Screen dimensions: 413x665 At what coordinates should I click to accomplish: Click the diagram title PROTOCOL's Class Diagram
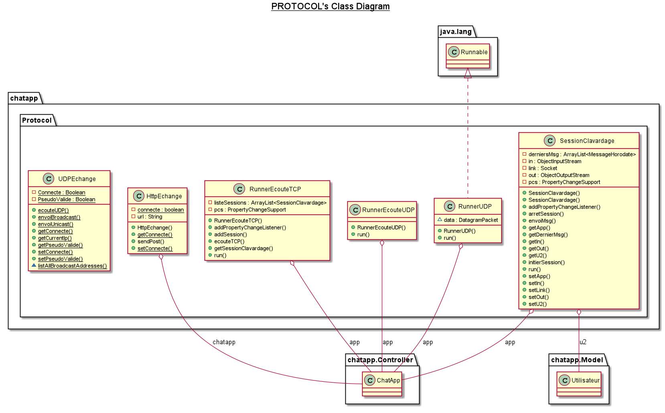330,6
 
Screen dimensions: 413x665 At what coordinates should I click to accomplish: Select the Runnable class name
474,52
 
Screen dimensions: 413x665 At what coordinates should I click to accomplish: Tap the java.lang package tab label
456,32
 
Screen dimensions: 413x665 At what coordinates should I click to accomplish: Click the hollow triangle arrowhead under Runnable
468,73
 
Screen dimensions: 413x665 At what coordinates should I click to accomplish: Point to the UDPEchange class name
77,179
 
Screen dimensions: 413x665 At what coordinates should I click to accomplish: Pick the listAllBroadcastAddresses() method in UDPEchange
72,266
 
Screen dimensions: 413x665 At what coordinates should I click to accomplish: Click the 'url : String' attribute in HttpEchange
150,217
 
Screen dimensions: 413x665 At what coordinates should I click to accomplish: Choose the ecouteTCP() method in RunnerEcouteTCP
229,241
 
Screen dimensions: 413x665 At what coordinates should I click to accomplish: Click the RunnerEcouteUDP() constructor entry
381,227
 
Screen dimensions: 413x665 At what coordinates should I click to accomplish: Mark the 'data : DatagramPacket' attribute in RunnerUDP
470,220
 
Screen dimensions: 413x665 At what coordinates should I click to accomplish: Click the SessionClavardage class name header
586,141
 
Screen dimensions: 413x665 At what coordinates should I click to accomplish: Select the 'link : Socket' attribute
543,168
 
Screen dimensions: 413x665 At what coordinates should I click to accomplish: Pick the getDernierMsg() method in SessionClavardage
548,235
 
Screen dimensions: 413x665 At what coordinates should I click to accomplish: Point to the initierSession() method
546,262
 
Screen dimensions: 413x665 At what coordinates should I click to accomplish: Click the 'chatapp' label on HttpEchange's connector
224,342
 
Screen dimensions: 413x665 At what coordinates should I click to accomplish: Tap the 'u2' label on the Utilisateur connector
583,342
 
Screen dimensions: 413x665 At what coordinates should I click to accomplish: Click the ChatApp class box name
388,380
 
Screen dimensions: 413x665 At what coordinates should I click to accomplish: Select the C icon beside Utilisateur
564,380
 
